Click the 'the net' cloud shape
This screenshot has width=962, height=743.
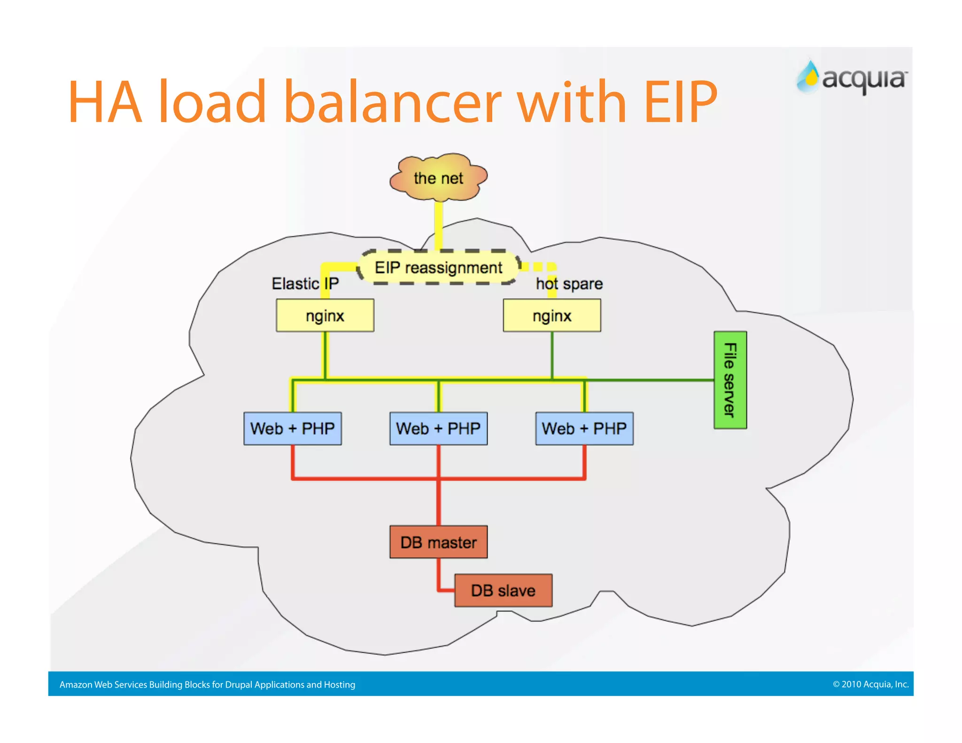tap(438, 178)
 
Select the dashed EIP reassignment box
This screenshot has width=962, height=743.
tap(438, 267)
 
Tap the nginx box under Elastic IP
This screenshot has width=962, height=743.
tap(325, 316)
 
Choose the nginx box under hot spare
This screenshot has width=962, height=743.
tap(552, 316)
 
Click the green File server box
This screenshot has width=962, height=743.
tap(730, 380)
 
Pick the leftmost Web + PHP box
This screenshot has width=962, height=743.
tap(292, 428)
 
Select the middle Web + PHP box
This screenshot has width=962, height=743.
tap(438, 428)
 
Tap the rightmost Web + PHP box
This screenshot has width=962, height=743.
tap(584, 428)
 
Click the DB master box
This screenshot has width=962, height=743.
tap(438, 542)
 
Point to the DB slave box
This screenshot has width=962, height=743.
tap(503, 590)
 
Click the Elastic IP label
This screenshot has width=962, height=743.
tap(305, 284)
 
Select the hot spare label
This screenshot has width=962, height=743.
tap(569, 284)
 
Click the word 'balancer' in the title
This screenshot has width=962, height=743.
tap(393, 102)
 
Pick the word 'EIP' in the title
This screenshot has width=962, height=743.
tap(680, 102)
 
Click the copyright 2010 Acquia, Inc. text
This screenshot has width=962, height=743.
tap(870, 684)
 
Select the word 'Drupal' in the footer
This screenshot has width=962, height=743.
tap(239, 685)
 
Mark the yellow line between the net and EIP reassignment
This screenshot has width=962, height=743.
tap(438, 225)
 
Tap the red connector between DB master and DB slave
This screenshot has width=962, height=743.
tap(440, 578)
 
